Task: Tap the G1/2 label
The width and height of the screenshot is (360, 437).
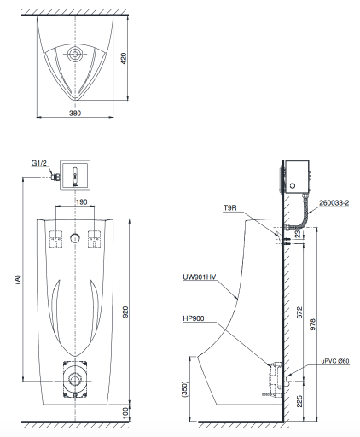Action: pyautogui.click(x=40, y=162)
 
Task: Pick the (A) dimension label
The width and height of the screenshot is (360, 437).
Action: pyautogui.click(x=17, y=278)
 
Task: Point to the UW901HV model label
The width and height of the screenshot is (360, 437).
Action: pyautogui.click(x=200, y=277)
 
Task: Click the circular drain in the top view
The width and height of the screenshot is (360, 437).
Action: pyautogui.click(x=76, y=55)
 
